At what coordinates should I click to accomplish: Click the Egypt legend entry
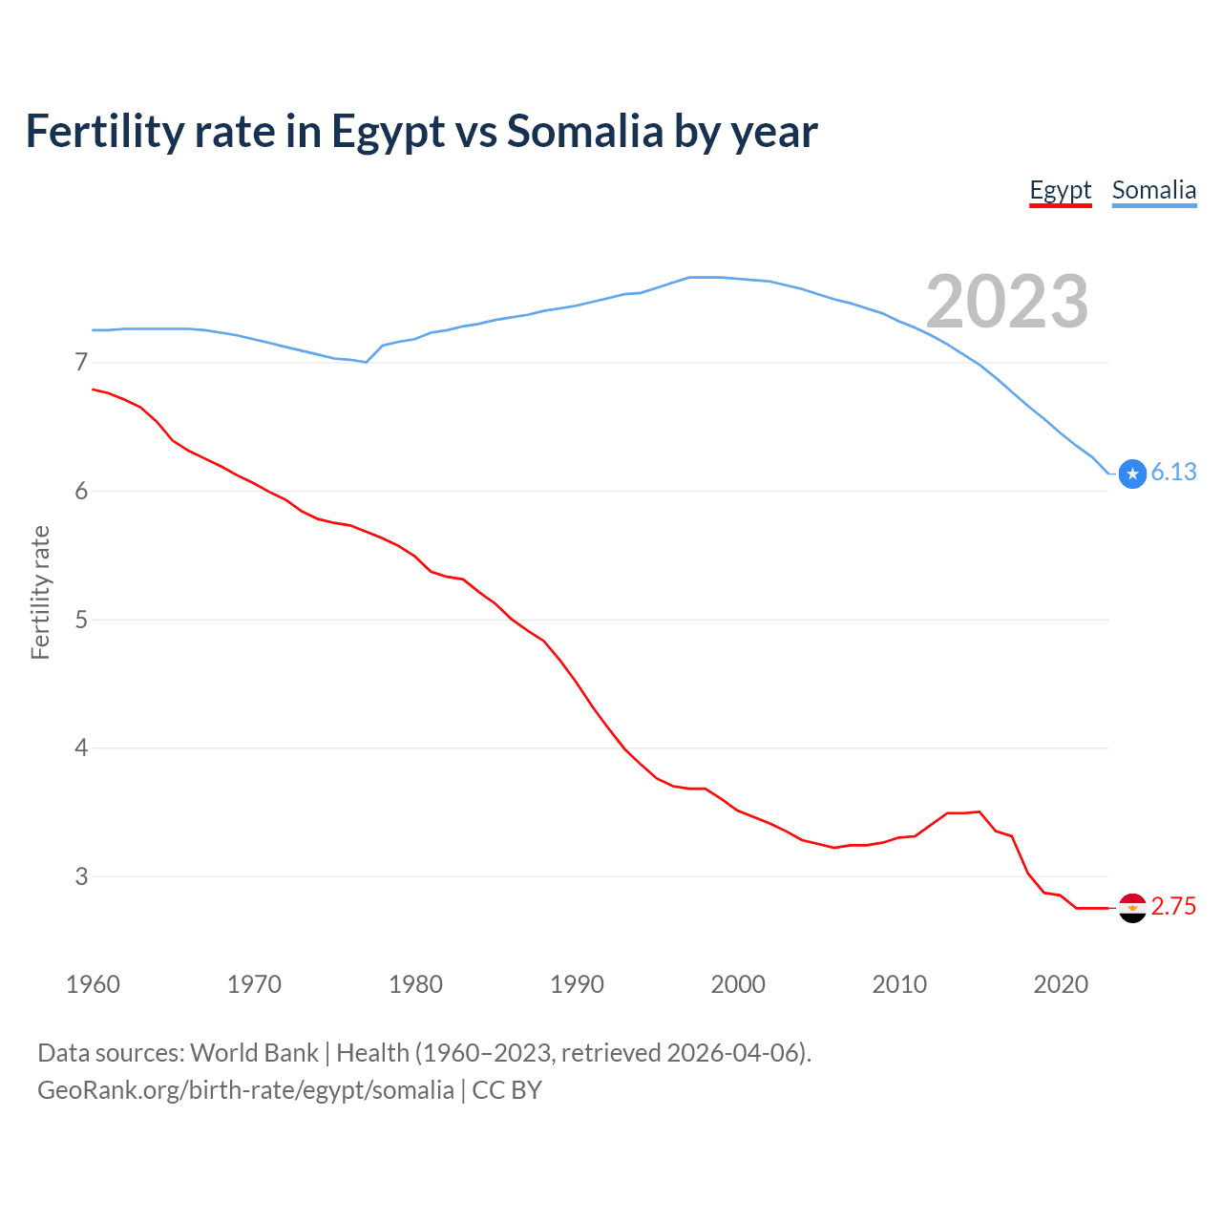point(1060,191)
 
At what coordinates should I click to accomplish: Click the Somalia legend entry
point(1153,191)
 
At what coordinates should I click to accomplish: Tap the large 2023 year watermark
point(1007,302)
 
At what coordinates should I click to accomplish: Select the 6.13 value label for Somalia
point(1173,472)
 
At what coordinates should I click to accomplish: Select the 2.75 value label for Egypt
point(1173,906)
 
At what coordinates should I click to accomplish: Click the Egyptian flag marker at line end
point(1132,908)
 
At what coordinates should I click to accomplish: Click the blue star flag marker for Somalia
point(1132,474)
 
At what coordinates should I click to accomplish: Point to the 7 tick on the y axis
point(81,363)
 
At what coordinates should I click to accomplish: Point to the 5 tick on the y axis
point(81,620)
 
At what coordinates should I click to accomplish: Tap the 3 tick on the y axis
point(81,876)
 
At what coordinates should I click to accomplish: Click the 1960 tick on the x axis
point(93,984)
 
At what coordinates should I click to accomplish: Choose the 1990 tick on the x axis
point(577,984)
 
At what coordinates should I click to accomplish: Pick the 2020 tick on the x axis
point(1061,984)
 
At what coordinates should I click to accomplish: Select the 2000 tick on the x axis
point(738,984)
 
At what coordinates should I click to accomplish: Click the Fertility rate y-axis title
point(40,592)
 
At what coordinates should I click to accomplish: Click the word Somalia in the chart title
point(584,131)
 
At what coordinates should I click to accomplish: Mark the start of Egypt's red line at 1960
point(94,390)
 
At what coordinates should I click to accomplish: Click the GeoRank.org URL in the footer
point(245,1090)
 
